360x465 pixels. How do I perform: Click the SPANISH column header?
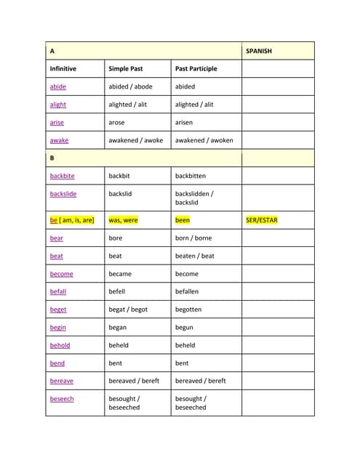click(x=260, y=52)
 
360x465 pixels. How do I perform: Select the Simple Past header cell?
click(x=125, y=69)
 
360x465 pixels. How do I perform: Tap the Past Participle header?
click(x=196, y=69)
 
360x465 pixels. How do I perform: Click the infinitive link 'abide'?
click(x=57, y=86)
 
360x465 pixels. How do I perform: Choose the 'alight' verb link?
click(x=57, y=105)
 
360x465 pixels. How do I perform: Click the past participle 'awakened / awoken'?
click(x=204, y=140)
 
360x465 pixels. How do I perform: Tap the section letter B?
click(x=52, y=158)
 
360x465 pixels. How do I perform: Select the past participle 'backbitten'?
click(x=191, y=176)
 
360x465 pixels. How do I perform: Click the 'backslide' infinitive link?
click(x=63, y=194)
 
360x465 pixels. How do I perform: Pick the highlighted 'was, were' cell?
click(x=123, y=220)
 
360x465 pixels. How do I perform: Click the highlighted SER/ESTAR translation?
click(x=262, y=220)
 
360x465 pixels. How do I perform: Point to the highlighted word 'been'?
click(x=182, y=220)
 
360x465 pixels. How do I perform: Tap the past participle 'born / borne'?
click(x=194, y=238)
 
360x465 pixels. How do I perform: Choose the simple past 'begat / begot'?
click(x=128, y=310)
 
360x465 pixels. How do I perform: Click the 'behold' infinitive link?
click(x=60, y=345)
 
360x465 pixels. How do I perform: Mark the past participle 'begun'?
click(x=185, y=328)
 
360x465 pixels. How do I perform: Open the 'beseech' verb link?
click(x=61, y=399)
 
